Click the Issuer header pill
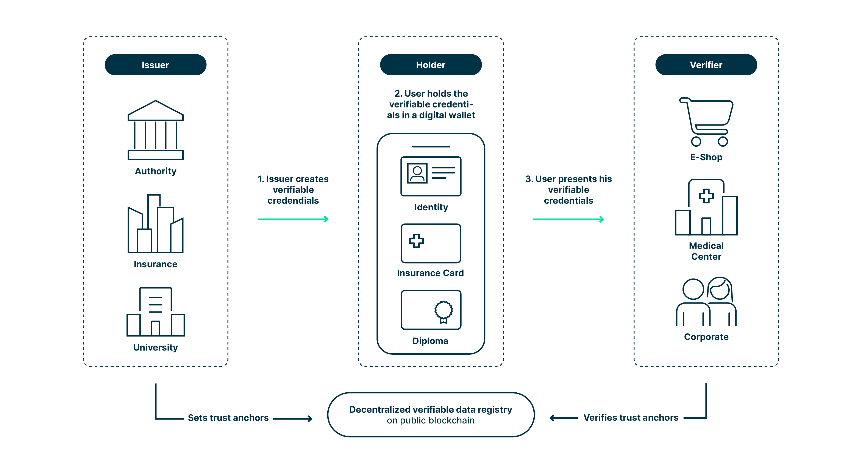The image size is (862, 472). (155, 65)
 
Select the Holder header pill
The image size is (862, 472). (431, 65)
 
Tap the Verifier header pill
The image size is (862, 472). (706, 65)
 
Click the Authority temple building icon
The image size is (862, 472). (155, 130)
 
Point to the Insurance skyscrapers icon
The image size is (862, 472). (155, 224)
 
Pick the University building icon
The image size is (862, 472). (155, 312)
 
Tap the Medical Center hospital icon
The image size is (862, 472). (706, 208)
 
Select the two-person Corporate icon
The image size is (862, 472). (706, 302)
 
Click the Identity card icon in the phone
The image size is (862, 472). (431, 176)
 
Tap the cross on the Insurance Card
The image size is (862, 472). (416, 241)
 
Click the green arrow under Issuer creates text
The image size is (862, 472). (293, 219)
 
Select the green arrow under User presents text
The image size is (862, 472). (568, 219)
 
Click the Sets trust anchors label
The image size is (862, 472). (228, 418)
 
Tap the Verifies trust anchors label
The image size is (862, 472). (631, 417)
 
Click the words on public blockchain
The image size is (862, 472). (431, 420)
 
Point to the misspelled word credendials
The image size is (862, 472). (293, 201)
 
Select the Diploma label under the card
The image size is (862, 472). (430, 341)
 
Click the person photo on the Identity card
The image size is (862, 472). (417, 173)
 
